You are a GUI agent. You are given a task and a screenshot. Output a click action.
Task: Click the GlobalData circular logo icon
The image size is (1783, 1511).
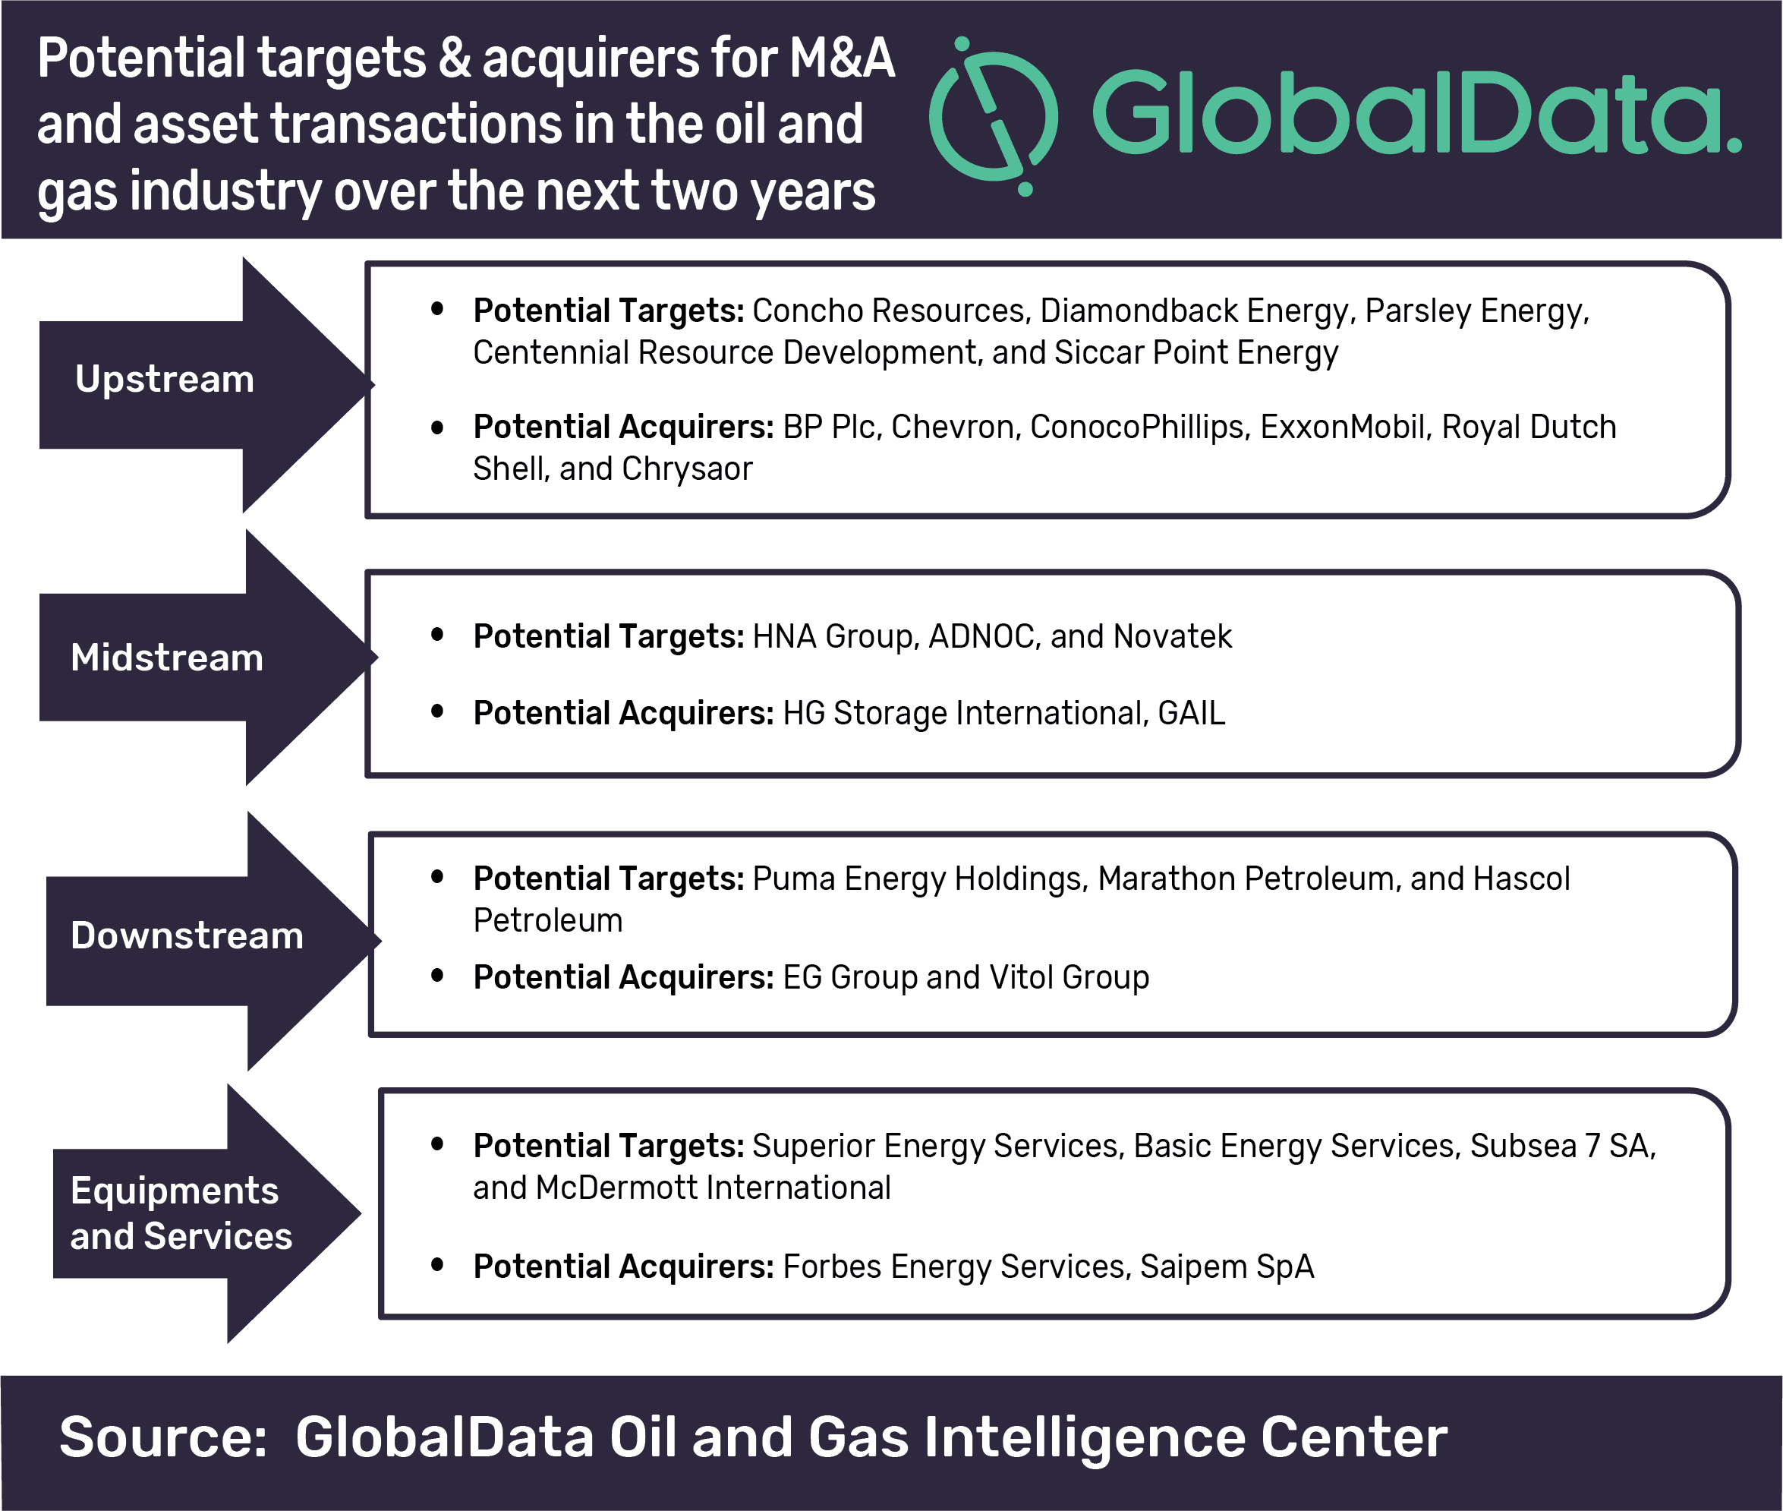[x=994, y=116]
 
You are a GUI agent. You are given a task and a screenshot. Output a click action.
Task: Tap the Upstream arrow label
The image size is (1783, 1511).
[x=165, y=379]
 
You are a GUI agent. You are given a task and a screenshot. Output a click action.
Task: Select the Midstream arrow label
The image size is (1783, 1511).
[x=167, y=658]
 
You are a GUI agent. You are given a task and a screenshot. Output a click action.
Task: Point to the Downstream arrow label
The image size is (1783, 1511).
[x=187, y=935]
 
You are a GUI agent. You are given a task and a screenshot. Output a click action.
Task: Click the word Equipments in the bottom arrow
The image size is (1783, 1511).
[x=175, y=1191]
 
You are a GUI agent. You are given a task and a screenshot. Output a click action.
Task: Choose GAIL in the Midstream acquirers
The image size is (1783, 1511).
[x=1191, y=713]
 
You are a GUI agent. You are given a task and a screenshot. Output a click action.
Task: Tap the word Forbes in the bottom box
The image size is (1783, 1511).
[x=833, y=1267]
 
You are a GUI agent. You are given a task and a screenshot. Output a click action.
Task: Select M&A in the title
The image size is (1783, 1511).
[x=842, y=58]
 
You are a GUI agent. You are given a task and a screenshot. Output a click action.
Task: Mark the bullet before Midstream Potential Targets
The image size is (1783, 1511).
[x=436, y=635]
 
